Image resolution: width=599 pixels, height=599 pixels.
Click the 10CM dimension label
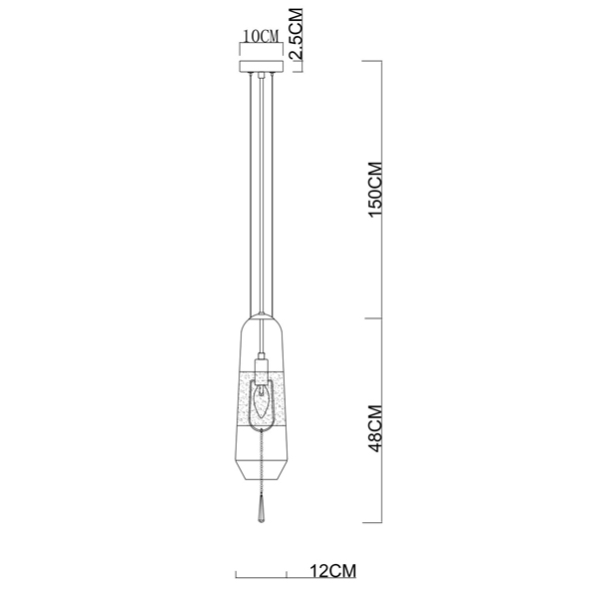click(x=262, y=36)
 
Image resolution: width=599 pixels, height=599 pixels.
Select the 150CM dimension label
click(x=374, y=189)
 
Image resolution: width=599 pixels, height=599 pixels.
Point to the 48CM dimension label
click(x=374, y=428)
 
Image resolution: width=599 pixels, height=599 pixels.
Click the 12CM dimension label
click(x=332, y=571)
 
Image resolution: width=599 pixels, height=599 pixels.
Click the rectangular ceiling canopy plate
click(x=262, y=66)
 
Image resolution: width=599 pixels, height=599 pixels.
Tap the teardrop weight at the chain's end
click(x=262, y=510)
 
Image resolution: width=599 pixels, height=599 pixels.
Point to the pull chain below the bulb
click(x=262, y=463)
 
